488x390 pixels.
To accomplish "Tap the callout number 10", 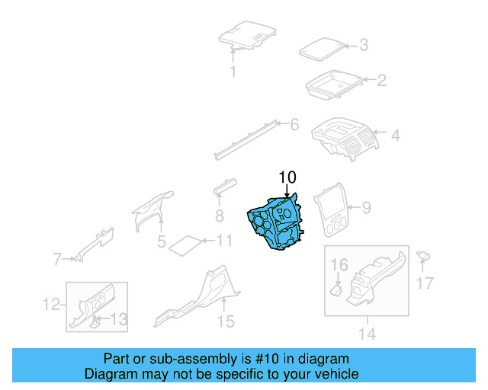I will pos(287,177).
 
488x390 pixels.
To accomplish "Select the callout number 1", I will pos(234,72).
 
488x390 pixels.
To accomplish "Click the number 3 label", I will pos(364,46).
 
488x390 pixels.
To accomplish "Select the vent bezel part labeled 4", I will pos(348,138).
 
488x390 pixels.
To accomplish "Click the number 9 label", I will pos(366,206).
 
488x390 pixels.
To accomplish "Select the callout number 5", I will pos(162,242).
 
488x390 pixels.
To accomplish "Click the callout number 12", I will pos(50,305).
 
